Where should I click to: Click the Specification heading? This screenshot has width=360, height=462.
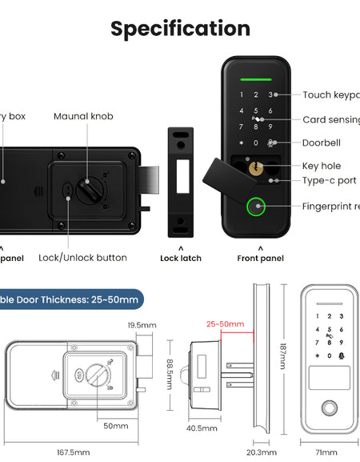pyautogui.click(x=180, y=29)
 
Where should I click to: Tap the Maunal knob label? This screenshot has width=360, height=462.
pyautogui.click(x=83, y=117)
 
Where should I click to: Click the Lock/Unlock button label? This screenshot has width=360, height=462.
pyautogui.click(x=82, y=258)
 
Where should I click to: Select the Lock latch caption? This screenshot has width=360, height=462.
pyautogui.click(x=181, y=259)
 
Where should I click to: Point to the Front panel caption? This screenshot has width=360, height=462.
pyautogui.click(x=260, y=259)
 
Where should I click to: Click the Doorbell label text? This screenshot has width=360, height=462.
pyautogui.click(x=321, y=143)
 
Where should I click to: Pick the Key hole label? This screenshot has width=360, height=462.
pyautogui.click(x=322, y=166)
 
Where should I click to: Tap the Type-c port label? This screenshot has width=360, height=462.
pyautogui.click(x=329, y=181)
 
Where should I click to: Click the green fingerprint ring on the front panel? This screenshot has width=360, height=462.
pyautogui.click(x=256, y=207)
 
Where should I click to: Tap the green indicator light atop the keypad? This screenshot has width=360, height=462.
pyautogui.click(x=256, y=79)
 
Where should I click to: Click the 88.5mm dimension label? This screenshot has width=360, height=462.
pyautogui.click(x=170, y=372)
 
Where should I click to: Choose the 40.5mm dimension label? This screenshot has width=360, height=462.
pyautogui.click(x=202, y=428)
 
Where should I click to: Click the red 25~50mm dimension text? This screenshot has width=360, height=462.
pyautogui.click(x=225, y=324)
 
